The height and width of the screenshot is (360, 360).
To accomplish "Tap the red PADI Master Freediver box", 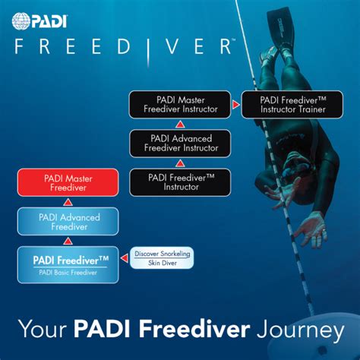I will (68, 183).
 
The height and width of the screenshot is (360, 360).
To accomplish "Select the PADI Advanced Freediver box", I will (68, 221).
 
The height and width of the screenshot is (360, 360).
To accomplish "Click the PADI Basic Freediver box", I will (68, 264).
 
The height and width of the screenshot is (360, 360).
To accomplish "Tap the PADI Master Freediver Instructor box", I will (178, 104).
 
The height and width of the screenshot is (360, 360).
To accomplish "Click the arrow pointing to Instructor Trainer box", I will (235, 104).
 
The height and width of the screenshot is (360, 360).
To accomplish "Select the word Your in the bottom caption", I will (43, 330).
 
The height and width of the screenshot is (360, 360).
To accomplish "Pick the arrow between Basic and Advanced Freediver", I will (68, 240).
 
